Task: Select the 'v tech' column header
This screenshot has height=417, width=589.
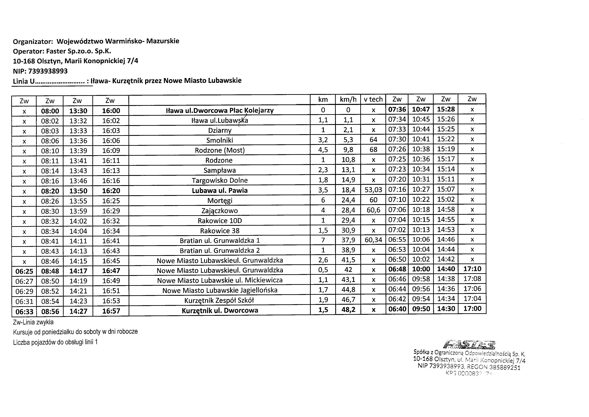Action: tap(373, 99)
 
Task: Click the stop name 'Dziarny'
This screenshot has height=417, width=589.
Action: tap(220, 130)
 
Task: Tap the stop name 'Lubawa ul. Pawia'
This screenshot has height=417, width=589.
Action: tap(220, 191)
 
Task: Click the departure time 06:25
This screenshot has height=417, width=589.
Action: tap(24, 271)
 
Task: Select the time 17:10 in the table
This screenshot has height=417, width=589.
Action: tap(472, 269)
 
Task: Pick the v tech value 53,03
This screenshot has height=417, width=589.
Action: tap(373, 190)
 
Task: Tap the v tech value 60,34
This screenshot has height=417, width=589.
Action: tap(373, 240)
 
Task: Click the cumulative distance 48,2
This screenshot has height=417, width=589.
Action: tap(348, 310)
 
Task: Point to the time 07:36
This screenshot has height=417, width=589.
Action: tap(397, 109)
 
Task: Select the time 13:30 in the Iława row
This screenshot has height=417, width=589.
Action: tap(78, 111)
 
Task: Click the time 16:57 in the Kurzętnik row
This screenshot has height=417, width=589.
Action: tap(111, 311)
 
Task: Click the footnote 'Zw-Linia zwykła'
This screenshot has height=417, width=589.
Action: tap(33, 322)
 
